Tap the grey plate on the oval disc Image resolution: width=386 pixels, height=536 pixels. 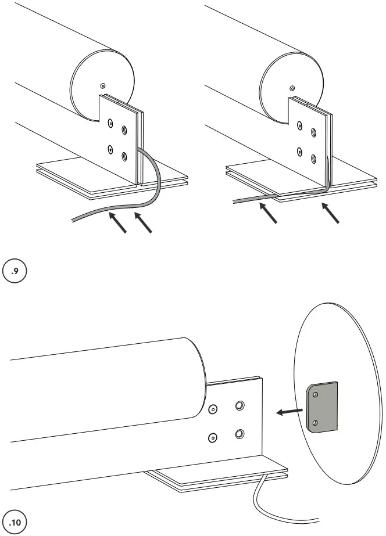(322, 408)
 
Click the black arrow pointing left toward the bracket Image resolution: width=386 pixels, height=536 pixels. (289, 412)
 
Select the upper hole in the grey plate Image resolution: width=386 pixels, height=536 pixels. (316, 394)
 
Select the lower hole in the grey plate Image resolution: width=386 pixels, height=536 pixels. (314, 423)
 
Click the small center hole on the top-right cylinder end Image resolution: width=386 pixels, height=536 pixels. (292, 88)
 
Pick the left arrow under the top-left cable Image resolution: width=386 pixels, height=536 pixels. (117, 222)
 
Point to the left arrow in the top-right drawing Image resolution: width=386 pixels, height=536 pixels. (268, 212)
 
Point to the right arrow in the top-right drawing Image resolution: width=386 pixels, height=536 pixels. (330, 213)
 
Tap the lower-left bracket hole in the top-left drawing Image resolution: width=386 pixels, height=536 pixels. (110, 149)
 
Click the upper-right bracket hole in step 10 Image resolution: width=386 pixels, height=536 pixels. (240, 405)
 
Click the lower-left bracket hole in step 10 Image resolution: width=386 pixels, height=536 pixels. (213, 437)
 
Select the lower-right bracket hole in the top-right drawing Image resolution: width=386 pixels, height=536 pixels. (314, 158)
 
